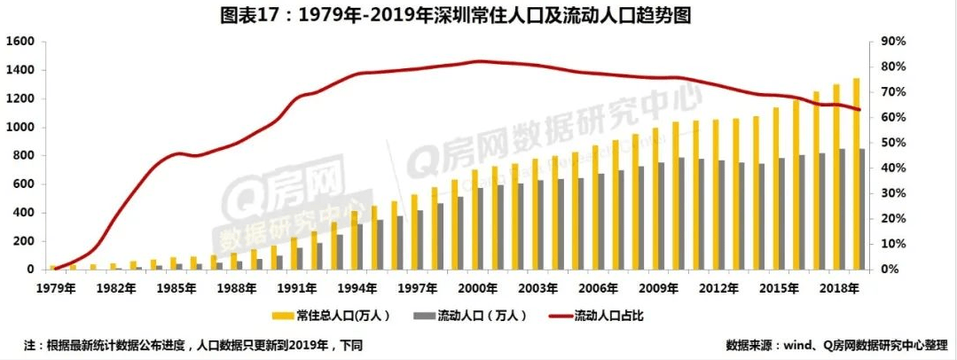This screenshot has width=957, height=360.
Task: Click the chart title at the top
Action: tap(478, 15)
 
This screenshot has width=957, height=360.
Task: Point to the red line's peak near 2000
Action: tap(479, 61)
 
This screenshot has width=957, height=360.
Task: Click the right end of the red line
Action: tap(859, 110)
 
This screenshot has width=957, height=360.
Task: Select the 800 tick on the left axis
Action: tap(22, 156)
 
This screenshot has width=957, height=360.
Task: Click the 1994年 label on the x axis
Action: tap(357, 288)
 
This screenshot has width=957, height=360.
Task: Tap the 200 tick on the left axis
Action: tap(22, 241)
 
